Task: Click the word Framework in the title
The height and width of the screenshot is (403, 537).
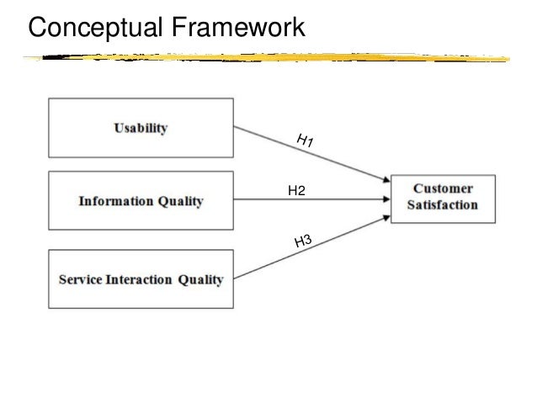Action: pos(237,29)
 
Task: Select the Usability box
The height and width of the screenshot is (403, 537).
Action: pos(141,129)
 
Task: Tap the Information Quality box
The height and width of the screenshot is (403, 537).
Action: pos(141,202)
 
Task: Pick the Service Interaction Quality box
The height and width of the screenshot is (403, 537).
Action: pos(141,279)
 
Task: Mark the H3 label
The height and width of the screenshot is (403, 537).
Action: pos(303,243)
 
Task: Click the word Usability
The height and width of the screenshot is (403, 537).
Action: pos(141,129)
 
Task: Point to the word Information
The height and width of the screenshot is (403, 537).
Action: pos(115,202)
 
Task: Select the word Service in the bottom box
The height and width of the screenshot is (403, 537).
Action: pos(80,279)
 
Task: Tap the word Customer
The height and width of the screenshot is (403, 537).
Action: pos(444,188)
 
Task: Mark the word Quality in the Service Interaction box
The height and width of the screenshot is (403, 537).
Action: pos(199,279)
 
